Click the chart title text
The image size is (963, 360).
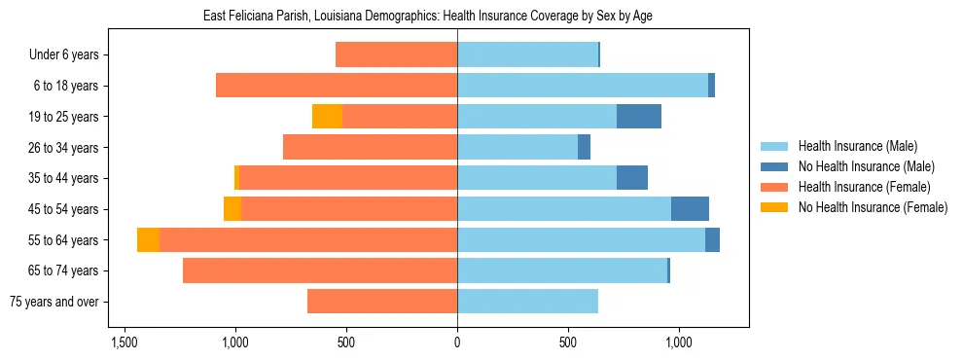click(434, 17)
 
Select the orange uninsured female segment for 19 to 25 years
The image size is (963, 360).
click(327, 117)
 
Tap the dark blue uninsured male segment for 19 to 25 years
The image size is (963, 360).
click(639, 117)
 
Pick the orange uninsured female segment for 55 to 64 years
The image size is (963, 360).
click(149, 240)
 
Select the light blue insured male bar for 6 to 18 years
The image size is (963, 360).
click(583, 86)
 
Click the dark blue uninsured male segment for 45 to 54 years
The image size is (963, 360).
click(690, 209)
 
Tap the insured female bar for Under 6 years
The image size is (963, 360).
click(396, 54)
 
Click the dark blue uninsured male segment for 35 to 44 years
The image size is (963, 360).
click(632, 178)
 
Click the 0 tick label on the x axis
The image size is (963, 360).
click(457, 342)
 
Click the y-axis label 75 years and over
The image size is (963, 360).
click(53, 302)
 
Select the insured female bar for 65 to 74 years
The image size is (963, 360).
click(320, 270)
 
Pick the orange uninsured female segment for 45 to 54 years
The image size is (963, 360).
click(232, 209)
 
